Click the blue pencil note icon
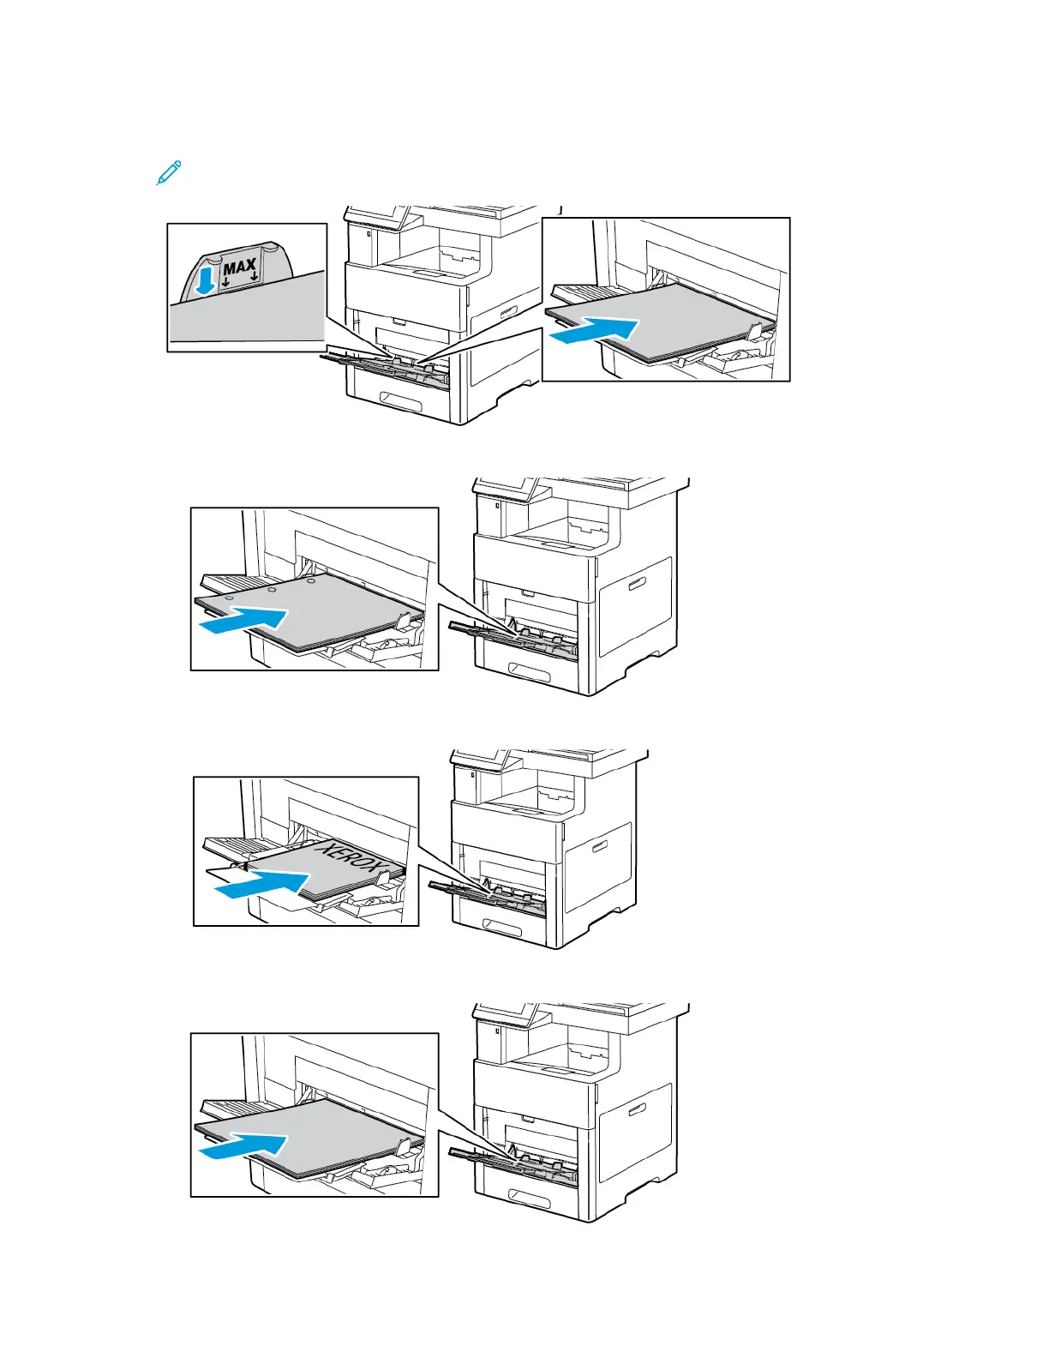click(x=169, y=171)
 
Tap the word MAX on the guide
click(x=239, y=267)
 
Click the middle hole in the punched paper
click(x=271, y=590)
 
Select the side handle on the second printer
click(x=635, y=585)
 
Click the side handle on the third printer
click(x=599, y=849)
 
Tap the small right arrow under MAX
click(x=255, y=278)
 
